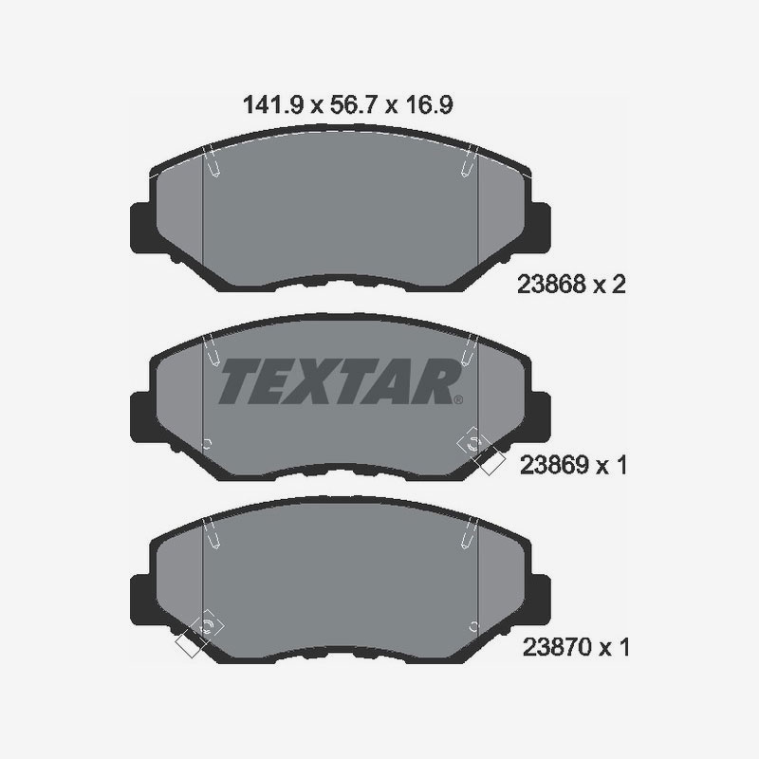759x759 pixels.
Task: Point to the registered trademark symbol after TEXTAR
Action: click(459, 399)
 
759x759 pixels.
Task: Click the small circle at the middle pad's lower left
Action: click(208, 443)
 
